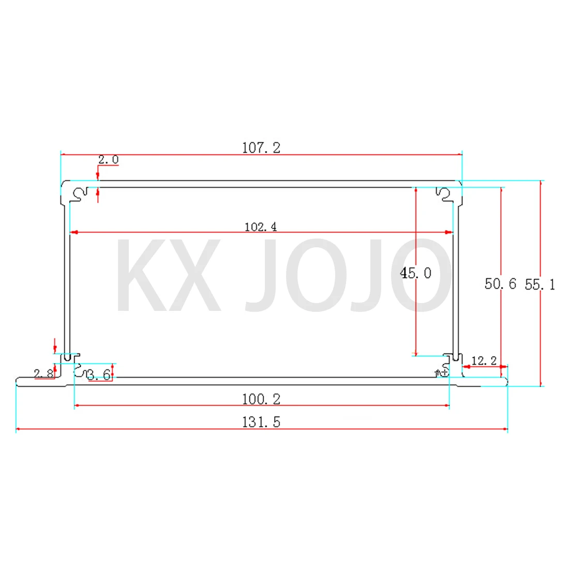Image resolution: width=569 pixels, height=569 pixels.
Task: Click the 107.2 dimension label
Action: click(x=261, y=148)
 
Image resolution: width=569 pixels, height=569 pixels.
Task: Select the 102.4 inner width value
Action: click(x=261, y=227)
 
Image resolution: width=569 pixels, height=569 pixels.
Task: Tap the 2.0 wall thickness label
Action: click(x=108, y=160)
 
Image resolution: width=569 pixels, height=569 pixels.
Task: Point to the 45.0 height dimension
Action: click(x=415, y=273)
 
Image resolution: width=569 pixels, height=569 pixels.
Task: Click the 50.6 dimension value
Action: click(x=500, y=283)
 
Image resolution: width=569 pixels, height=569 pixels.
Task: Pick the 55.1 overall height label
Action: click(x=540, y=284)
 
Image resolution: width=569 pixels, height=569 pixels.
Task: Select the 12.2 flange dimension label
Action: click(x=484, y=361)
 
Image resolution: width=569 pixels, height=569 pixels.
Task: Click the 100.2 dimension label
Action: click(x=261, y=399)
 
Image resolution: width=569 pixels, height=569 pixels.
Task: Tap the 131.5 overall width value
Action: click(x=261, y=422)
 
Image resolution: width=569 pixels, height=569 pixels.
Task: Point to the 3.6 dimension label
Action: click(x=99, y=375)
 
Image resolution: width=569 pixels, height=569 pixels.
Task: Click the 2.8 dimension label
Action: click(x=43, y=373)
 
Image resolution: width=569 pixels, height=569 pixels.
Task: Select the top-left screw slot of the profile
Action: click(x=79, y=194)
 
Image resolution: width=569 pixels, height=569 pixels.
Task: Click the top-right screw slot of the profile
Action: click(x=444, y=193)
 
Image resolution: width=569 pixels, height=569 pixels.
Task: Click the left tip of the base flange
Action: click(x=18, y=382)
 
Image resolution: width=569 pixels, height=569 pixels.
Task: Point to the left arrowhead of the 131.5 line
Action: click(x=19, y=429)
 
